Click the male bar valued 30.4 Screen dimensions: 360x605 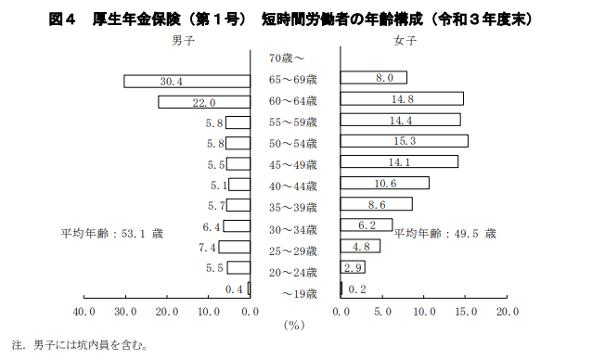187,82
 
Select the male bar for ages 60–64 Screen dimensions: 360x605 203,102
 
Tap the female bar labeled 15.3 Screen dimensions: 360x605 404,141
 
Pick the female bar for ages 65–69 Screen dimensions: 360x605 373,78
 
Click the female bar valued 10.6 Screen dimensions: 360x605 384,183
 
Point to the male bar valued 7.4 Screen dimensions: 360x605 234,247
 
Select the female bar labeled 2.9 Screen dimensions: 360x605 353,267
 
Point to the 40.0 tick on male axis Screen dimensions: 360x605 84,312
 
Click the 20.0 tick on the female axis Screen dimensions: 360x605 507,312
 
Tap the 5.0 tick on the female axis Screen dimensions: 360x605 382,312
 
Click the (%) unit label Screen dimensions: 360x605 294,326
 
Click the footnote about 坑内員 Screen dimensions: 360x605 80,346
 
